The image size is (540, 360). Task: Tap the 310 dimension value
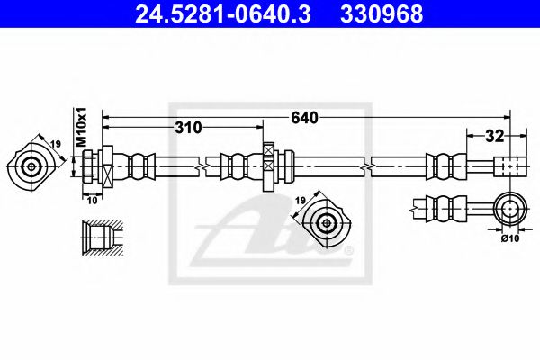pyautogui.click(x=186, y=128)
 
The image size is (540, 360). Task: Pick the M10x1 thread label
pyautogui.click(x=80, y=125)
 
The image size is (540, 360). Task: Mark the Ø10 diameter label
pyautogui.click(x=509, y=238)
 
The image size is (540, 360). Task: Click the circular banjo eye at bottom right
pyautogui.click(x=510, y=209)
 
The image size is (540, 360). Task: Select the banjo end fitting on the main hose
pyautogui.click(x=508, y=167)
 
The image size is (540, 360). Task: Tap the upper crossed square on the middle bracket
pyautogui.click(x=269, y=150)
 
